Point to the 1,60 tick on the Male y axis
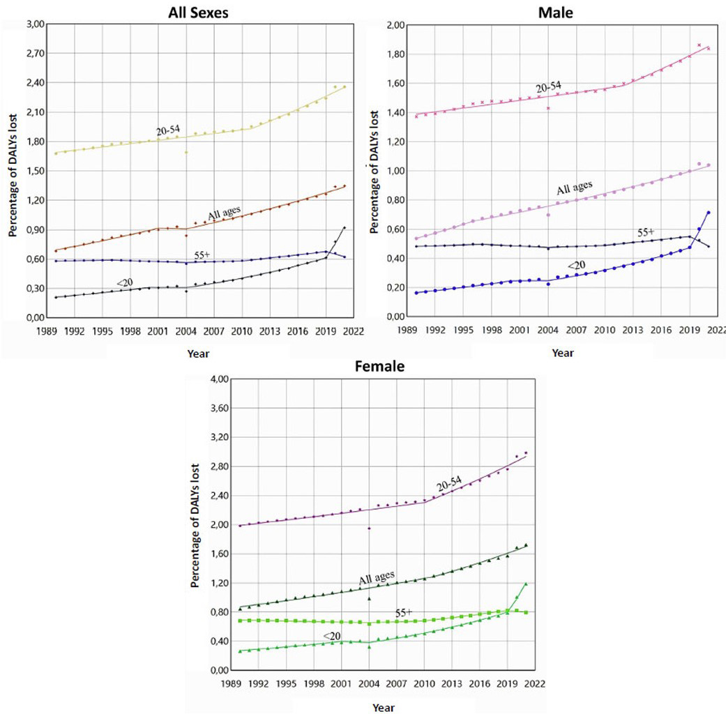[395, 83]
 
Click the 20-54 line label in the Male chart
[550, 89]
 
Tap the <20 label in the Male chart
[576, 265]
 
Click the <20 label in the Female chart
[332, 635]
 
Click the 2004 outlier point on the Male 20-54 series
[548, 108]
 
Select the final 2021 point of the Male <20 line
[709, 213]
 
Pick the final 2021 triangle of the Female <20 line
[526, 584]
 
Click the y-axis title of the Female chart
[197, 525]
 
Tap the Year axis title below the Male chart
[562, 353]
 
